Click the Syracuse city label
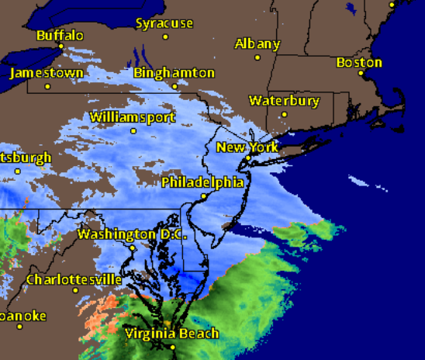point(164,23)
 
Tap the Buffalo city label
point(60,35)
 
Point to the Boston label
point(359,62)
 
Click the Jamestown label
point(47,73)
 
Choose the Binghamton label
point(174,72)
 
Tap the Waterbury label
point(284,101)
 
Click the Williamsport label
point(133,117)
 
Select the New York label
point(247,147)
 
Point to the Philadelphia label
point(202,182)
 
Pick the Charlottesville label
point(74,279)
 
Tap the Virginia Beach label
point(171,334)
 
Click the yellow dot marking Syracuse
point(165,36)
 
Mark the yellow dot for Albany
point(257,56)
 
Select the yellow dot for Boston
point(361,74)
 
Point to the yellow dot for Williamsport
point(133,130)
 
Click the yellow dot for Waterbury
point(285,114)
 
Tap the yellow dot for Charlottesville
point(75,291)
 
